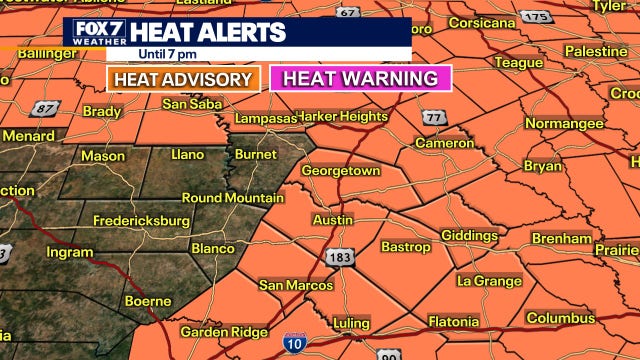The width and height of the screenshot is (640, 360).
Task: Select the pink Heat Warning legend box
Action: tap(361, 78)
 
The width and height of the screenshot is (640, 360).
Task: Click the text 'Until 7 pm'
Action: tap(140, 54)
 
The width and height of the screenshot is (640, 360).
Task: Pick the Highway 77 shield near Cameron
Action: tap(433, 118)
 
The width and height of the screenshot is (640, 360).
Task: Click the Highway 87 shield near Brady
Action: tap(45, 108)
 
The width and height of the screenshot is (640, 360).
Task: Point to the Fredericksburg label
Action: tap(141, 220)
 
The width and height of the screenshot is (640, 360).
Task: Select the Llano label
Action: tap(187, 154)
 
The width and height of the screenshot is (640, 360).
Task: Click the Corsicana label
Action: tap(481, 22)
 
